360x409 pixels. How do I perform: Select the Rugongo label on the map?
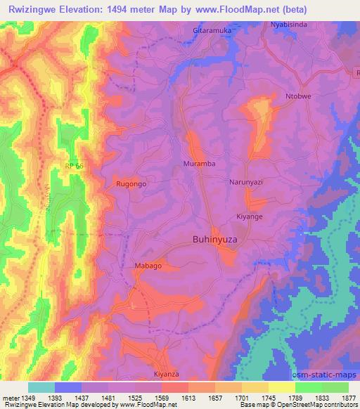pos(131,183)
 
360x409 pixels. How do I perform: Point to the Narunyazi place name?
pos(245,181)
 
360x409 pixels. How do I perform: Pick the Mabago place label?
pos(148,266)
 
